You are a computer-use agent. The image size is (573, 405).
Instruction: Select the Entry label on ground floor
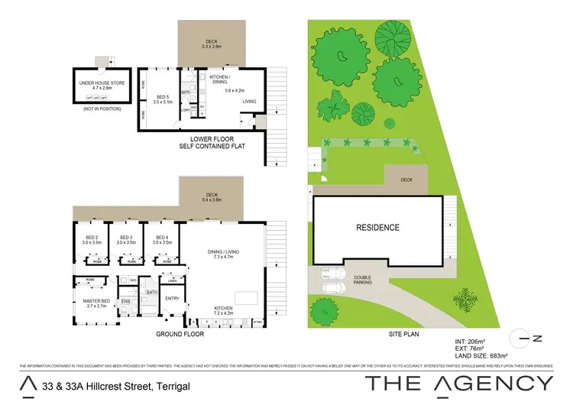171,298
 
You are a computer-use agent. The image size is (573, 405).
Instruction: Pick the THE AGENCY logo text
458,383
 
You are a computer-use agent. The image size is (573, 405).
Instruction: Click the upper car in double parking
334,274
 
